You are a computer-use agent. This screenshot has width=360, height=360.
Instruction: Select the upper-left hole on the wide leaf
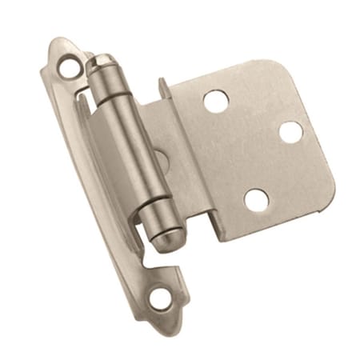click(x=216, y=100)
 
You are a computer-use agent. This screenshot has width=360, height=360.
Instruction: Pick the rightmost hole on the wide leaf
click(x=290, y=132)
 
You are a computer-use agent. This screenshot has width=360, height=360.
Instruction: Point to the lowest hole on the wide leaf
click(x=256, y=199)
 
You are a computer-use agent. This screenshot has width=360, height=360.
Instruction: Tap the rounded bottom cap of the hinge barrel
click(x=163, y=241)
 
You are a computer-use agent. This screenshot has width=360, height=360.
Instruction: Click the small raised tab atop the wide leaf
click(x=162, y=86)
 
